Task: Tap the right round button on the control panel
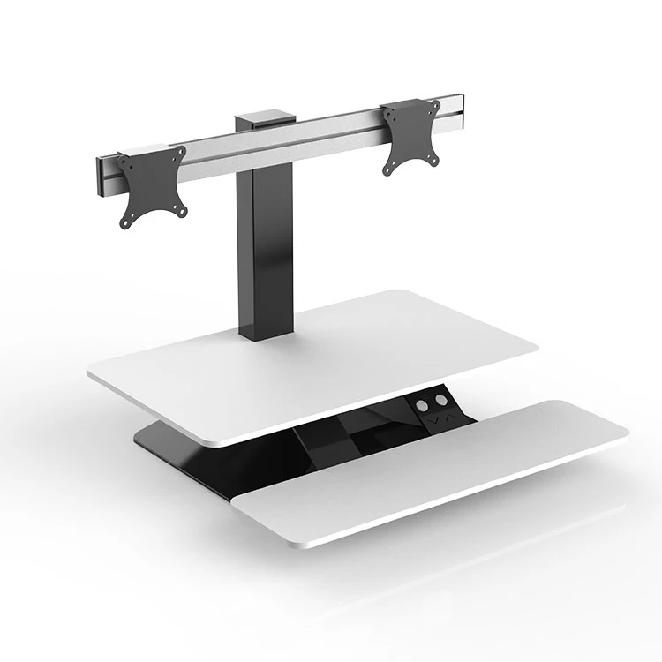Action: (x=438, y=398)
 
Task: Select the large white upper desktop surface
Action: (x=318, y=353)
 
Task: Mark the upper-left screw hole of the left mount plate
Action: (x=124, y=162)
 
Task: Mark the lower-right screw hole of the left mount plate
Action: (x=182, y=208)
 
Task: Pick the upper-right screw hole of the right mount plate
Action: (x=435, y=106)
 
